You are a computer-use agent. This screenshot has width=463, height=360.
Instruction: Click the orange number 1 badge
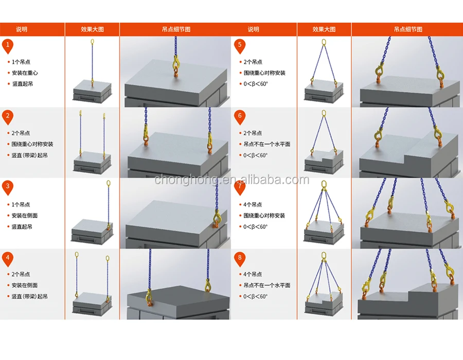[x=7, y=46]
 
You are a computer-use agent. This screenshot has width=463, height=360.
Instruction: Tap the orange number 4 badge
[x=7, y=259]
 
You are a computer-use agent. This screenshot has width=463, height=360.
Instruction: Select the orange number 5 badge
[x=239, y=46]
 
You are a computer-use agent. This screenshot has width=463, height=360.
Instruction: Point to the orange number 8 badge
[x=239, y=259]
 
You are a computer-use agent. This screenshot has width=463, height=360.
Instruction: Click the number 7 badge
[x=239, y=188]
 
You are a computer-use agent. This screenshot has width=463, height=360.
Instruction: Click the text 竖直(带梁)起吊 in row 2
[x=30, y=155]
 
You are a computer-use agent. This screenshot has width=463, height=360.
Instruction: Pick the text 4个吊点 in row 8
[x=253, y=274]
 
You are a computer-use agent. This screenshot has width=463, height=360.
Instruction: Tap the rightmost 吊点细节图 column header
[x=407, y=29]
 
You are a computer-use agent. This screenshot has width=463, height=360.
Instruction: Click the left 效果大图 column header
[x=92, y=29]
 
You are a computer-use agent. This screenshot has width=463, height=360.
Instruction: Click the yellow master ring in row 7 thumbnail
[x=324, y=184]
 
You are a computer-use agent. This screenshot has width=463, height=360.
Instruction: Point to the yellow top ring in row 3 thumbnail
[x=108, y=183]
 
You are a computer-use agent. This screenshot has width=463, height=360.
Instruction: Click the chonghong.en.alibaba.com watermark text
[x=232, y=179]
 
